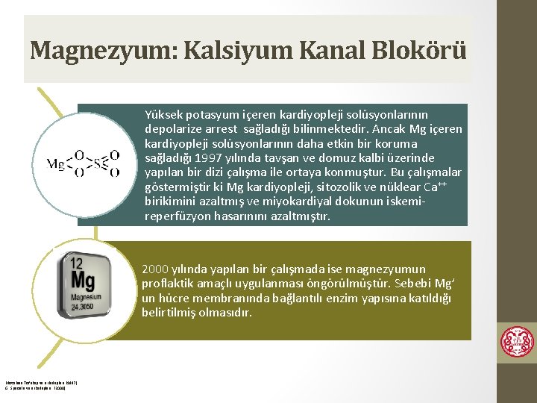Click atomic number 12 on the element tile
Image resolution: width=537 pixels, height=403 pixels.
pyautogui.click(x=75, y=263)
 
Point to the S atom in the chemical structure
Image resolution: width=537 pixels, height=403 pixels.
pyautogui.click(x=96, y=164)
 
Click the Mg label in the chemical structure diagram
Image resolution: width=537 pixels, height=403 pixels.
pyautogui.click(x=56, y=164)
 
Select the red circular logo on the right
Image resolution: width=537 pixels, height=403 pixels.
pyautogui.click(x=517, y=343)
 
